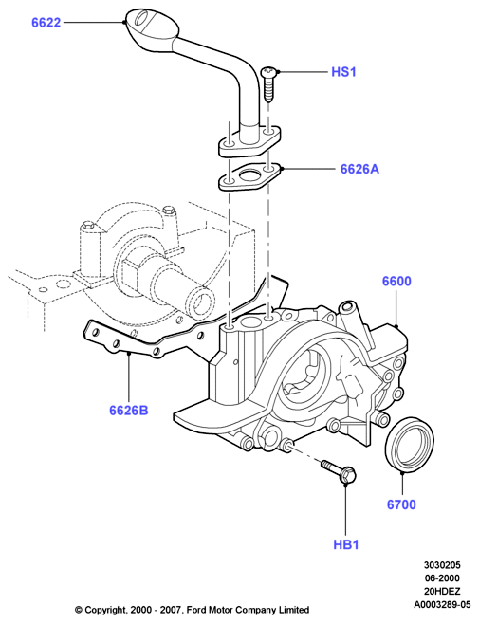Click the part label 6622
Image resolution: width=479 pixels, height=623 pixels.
[x=46, y=23]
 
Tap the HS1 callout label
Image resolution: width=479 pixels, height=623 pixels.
[x=344, y=72]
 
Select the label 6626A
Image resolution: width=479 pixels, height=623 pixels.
[x=359, y=169]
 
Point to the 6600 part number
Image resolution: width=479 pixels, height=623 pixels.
[x=396, y=282]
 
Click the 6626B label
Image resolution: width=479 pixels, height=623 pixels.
[x=129, y=410]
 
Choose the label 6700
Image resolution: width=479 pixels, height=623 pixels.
[x=401, y=504]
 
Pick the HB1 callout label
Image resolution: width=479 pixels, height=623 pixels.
[x=346, y=544]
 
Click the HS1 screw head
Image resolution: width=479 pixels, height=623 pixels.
[x=267, y=72]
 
